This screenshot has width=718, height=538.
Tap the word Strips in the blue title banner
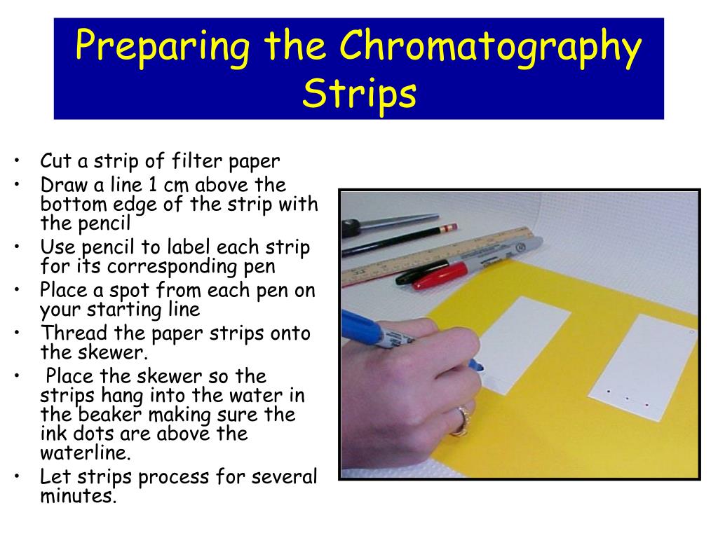coord(360,93)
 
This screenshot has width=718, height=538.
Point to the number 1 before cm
coord(152,185)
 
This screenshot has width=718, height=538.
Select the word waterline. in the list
coord(86,453)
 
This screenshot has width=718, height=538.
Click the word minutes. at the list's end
coord(79,496)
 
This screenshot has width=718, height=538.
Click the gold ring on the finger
coord(461,421)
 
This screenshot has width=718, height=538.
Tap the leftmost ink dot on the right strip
coord(609,392)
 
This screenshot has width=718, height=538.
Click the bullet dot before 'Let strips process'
coord(17,476)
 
